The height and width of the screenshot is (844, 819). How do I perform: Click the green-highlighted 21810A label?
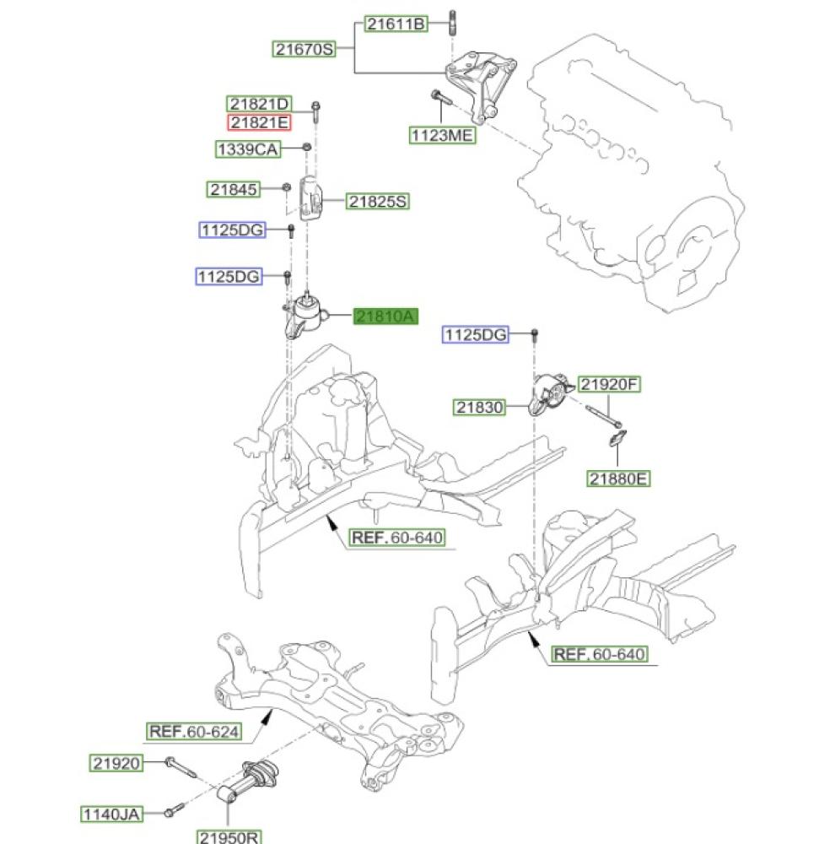tap(385, 316)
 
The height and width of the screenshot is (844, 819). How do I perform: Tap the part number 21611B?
tap(396, 24)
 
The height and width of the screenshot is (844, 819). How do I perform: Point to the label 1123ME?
tap(442, 136)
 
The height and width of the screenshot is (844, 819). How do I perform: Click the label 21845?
tap(234, 190)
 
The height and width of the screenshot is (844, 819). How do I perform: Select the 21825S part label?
tap(378, 202)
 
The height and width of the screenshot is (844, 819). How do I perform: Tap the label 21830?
tap(480, 408)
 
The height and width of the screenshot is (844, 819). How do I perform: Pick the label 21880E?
tap(619, 479)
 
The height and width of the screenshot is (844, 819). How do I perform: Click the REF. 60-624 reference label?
tap(194, 731)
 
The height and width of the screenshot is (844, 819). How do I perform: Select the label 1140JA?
tap(111, 814)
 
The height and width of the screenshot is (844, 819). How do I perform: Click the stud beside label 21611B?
tap(455, 22)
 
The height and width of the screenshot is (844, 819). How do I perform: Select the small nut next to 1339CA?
tap(307, 149)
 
